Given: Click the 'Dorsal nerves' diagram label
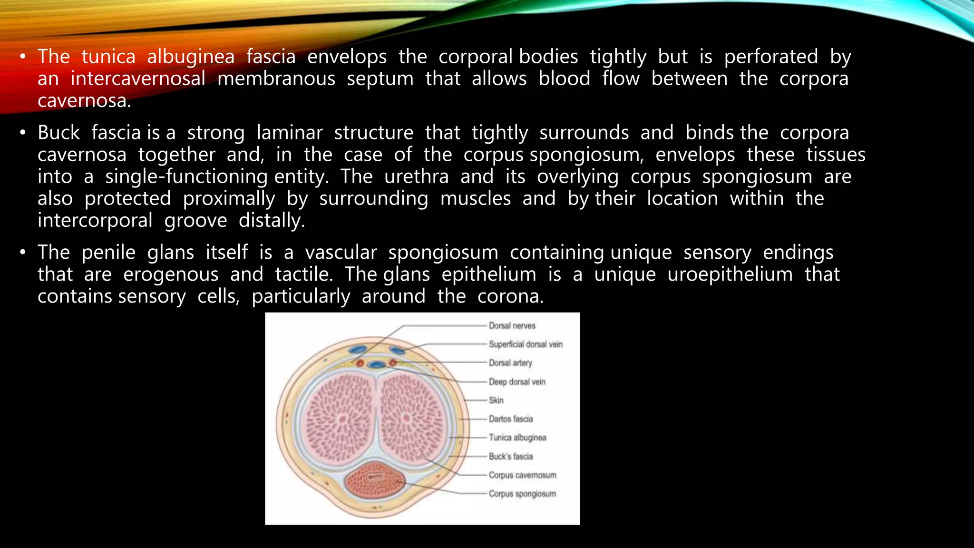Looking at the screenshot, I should (512, 326).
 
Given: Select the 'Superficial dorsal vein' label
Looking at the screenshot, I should (525, 344).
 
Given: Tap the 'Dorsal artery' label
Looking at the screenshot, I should (510, 363).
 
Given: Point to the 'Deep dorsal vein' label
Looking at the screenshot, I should (517, 382).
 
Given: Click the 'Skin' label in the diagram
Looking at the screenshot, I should (496, 401).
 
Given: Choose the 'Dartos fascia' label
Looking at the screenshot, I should (511, 419).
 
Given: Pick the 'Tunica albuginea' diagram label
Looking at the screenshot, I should (517, 438).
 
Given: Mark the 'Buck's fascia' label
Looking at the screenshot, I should (511, 457).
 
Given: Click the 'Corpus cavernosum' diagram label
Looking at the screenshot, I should (522, 475).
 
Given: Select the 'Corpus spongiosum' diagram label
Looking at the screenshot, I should (522, 494).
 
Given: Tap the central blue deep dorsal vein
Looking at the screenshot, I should (376, 365).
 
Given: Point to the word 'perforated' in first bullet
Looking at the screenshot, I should (771, 57).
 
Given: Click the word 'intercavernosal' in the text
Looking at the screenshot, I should (138, 79).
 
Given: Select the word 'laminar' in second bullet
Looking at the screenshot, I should (290, 133).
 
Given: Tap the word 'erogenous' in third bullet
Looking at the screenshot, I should (171, 274).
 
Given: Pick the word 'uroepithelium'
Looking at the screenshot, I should (730, 274).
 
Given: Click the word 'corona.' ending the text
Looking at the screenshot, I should (510, 296).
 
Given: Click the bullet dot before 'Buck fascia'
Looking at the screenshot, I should (22, 133).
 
